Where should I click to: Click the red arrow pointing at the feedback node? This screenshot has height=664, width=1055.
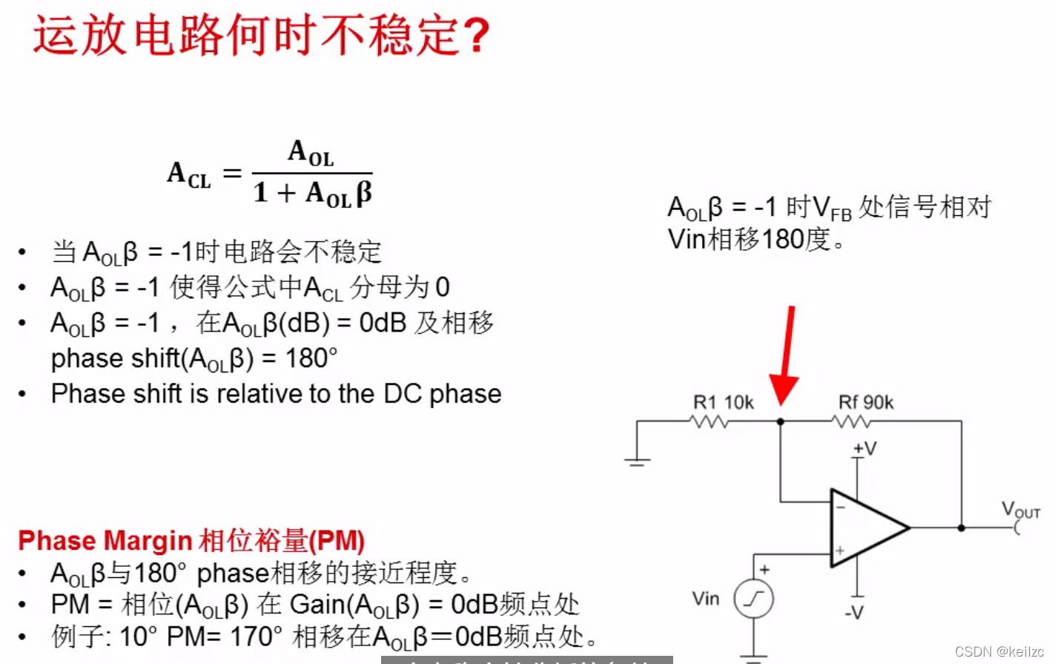click(786, 356)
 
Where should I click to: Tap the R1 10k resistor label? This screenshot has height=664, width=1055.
click(723, 403)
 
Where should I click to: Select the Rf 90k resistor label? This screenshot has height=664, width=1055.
click(865, 403)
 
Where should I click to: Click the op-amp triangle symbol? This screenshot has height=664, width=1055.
click(864, 528)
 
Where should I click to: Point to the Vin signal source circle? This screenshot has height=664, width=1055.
click(753, 599)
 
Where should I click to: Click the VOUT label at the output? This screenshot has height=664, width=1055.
click(1020, 510)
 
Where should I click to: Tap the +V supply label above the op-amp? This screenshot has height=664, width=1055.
click(864, 449)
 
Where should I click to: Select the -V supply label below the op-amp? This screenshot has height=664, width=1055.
click(854, 613)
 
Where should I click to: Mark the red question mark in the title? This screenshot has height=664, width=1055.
click(475, 36)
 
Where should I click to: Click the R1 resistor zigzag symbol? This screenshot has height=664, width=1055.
click(709, 422)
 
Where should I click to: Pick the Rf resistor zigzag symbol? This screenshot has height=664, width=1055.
click(851, 422)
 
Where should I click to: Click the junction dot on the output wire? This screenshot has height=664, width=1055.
click(961, 528)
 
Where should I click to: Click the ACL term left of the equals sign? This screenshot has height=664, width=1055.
click(189, 175)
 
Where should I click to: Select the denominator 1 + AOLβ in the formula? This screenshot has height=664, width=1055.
click(312, 194)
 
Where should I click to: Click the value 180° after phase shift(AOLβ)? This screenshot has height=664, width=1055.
click(311, 359)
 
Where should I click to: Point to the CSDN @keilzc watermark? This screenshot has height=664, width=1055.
click(999, 651)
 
